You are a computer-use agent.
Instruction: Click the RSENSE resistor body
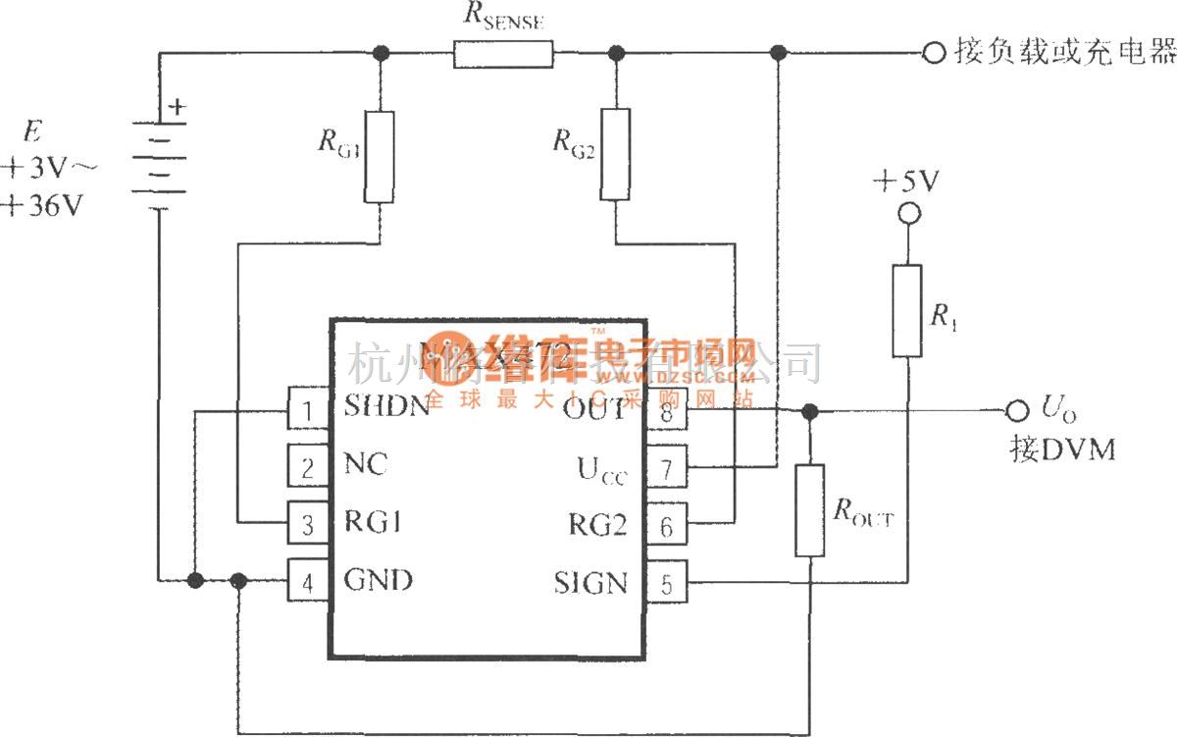503,53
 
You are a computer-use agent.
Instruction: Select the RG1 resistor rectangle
379,156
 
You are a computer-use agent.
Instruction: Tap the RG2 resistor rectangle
615,154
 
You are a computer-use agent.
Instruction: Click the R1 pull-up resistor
907,310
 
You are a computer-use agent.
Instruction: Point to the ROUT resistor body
809,510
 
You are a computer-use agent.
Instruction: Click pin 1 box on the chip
306,409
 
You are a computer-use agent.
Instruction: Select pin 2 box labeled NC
306,467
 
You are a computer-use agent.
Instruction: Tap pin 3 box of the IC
306,524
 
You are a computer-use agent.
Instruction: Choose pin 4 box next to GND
306,581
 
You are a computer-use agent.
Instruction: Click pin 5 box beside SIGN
667,583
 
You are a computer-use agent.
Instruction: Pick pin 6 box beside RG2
667,526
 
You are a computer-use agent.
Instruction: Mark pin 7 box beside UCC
667,468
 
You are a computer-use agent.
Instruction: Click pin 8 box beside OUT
667,410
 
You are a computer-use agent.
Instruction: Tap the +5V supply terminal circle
907,214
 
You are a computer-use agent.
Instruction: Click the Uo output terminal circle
1014,410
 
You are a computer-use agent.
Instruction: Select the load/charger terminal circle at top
933,53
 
